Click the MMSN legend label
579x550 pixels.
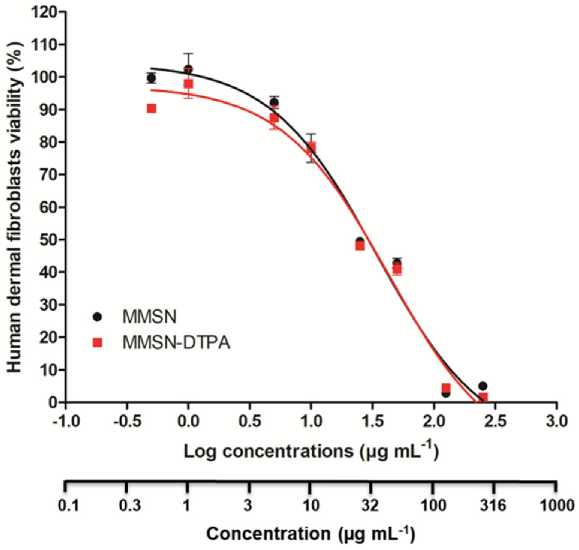149,317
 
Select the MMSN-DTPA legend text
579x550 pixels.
176,342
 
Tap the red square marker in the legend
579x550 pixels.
98,342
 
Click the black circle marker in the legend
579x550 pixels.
98,317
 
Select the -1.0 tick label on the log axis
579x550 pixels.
66,421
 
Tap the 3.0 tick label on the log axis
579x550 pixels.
556,421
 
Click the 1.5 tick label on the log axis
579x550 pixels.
372,421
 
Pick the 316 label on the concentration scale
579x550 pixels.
493,505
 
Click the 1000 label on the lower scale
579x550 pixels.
557,505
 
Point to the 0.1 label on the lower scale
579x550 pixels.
68,505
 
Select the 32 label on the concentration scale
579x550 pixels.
370,505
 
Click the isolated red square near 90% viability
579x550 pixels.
152,108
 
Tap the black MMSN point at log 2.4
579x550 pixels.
483,386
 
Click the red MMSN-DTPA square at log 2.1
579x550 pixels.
446,387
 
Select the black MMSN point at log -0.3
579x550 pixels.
152,78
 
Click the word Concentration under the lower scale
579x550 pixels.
268,534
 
